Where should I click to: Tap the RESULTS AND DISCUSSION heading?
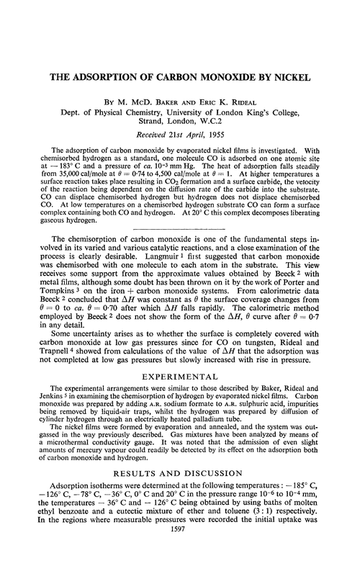pyautogui.click(x=179, y=496)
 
